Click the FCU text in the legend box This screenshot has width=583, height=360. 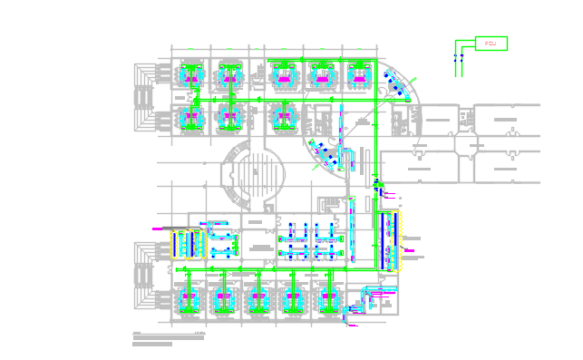tap(490, 44)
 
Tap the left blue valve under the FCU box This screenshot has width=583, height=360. tap(456, 57)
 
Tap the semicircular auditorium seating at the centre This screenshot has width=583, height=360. tap(255, 173)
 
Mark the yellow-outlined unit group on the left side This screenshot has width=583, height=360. tap(187, 243)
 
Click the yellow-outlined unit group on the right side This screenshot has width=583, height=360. tap(393, 240)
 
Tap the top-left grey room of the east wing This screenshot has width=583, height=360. tap(438, 119)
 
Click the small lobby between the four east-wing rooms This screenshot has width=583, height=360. tap(471, 145)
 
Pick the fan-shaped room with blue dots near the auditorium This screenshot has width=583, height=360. tap(327, 157)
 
